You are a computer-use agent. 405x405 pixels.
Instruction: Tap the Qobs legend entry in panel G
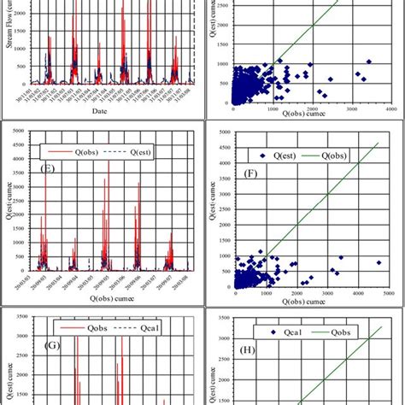tap(79, 326)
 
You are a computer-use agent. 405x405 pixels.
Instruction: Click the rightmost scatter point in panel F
tap(379, 262)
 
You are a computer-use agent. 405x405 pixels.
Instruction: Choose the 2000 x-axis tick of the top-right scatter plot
tap(312, 109)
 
